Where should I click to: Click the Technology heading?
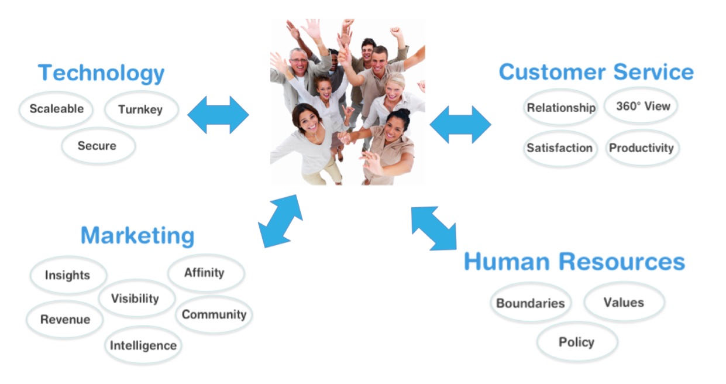click(101, 74)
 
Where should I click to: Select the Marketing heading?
click(137, 236)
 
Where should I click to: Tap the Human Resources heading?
click(574, 262)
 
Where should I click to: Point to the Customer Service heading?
click(596, 71)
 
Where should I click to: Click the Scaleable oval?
click(56, 109)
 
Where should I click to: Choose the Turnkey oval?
click(142, 109)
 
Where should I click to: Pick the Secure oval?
click(98, 146)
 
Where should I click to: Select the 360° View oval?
click(641, 105)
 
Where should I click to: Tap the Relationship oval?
click(560, 107)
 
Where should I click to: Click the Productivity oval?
click(642, 148)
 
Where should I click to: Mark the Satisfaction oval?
click(560, 148)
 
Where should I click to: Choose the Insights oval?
click(68, 275)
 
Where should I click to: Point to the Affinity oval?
click(206, 273)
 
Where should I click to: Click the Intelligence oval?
click(143, 345)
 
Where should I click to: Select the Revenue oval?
click(65, 319)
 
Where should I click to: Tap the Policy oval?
click(577, 342)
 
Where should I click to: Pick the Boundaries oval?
click(531, 302)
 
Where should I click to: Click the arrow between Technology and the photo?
click(218, 115)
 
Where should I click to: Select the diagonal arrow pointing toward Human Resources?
click(434, 229)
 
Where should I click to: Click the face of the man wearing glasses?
click(298, 63)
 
